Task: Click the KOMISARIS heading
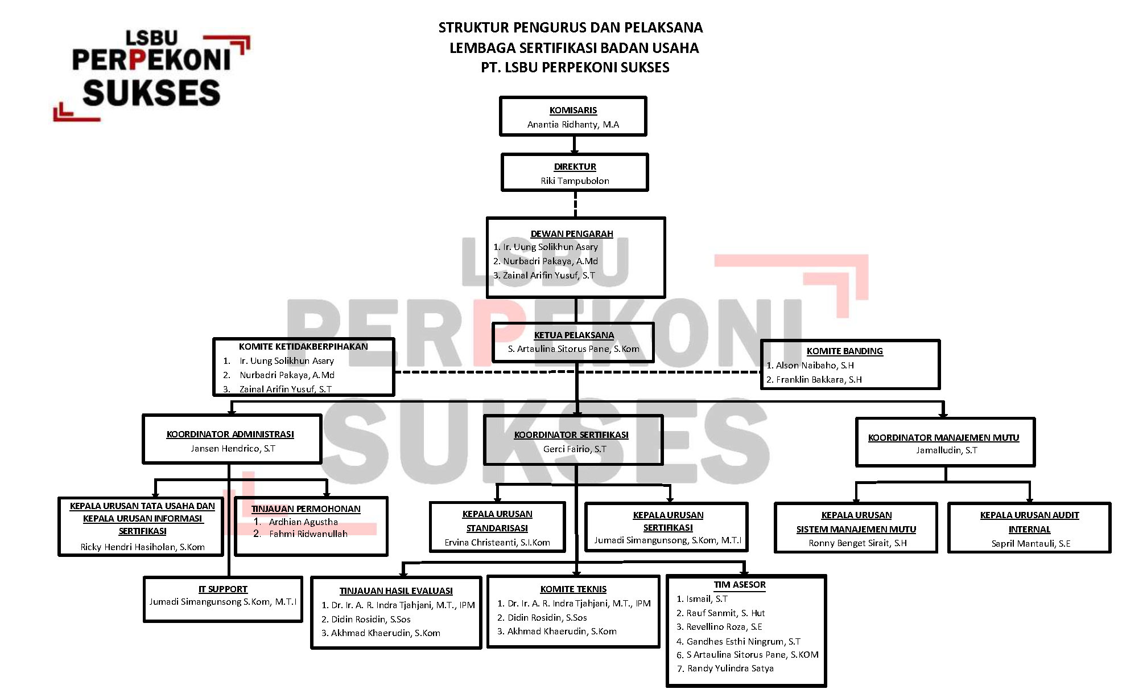pos(573,110)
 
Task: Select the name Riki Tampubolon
pos(575,181)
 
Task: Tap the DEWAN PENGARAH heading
pos(572,234)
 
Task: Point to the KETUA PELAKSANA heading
pos(573,335)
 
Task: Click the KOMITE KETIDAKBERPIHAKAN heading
pos(303,347)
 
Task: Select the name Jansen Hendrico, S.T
pos(233,449)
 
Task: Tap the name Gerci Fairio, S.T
pos(575,449)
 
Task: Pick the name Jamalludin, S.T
pos(946,450)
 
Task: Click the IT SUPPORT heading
pos(223,589)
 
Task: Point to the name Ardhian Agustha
pos(303,522)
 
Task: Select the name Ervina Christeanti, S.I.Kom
pos(497,543)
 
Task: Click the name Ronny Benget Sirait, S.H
pos(857,543)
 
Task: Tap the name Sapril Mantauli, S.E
pos(1030,544)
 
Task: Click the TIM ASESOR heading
pos(740,585)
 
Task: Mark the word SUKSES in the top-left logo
pos(151,93)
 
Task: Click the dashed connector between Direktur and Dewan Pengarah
pos(575,204)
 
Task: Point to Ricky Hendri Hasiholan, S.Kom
pos(142,547)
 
